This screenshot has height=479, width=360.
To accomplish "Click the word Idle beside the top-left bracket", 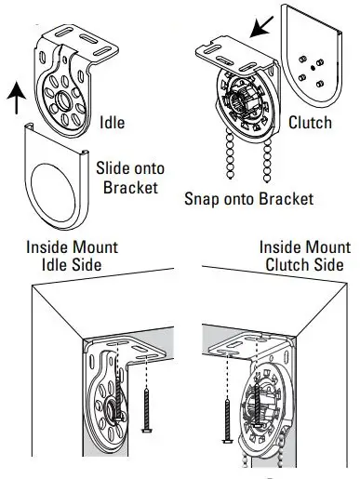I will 114,122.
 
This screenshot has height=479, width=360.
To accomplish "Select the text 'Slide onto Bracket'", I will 125,178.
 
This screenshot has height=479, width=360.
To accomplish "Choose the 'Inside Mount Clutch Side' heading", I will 303,258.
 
